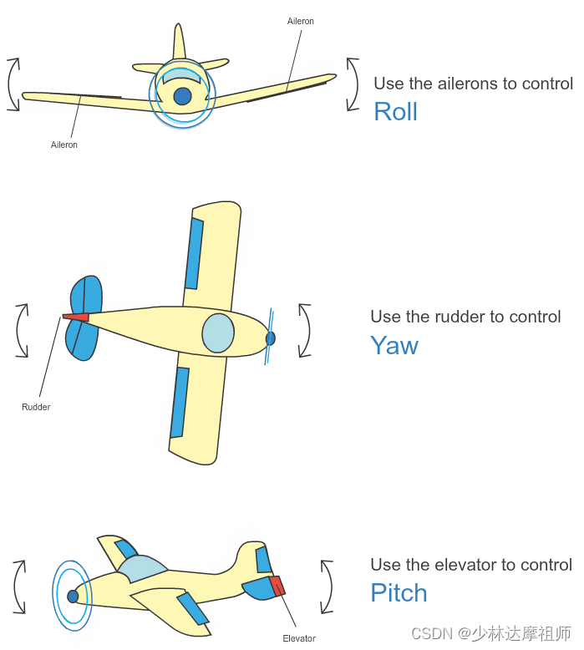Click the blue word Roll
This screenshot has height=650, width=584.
click(x=395, y=111)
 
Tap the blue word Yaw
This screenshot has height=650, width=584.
click(x=394, y=345)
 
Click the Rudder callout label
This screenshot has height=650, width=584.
click(x=36, y=407)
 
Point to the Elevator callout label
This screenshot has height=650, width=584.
click(x=299, y=638)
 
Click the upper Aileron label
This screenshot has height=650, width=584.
click(x=301, y=21)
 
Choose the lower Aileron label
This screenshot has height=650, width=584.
click(x=64, y=145)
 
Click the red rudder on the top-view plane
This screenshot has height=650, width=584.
click(x=76, y=317)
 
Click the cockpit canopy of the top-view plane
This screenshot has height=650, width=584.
click(x=218, y=333)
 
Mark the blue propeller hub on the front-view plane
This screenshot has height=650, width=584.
click(x=182, y=96)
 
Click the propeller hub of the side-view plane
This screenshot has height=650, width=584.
click(x=73, y=597)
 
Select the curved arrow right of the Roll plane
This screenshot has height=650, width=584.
click(x=353, y=84)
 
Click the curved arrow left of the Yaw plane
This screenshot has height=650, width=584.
click(x=22, y=332)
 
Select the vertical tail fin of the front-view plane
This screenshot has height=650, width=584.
click(x=180, y=42)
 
